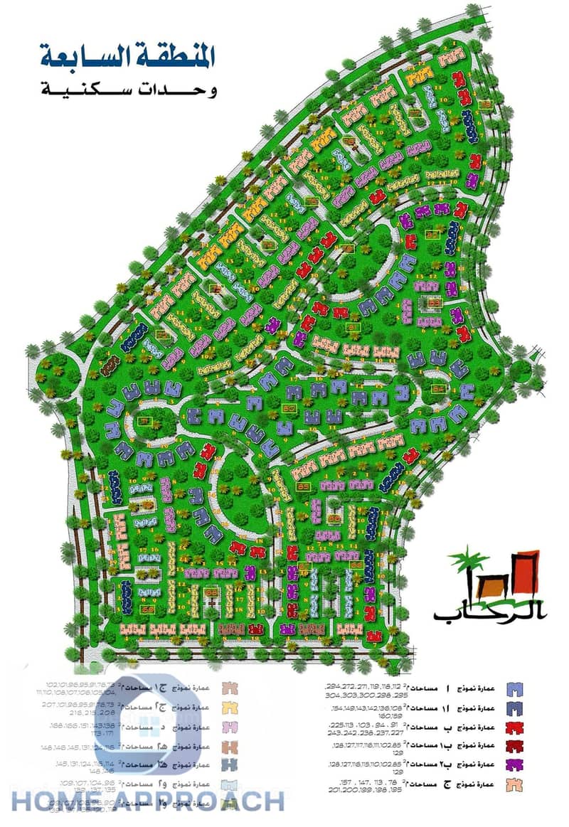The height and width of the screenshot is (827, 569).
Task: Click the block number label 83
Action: point(435,302)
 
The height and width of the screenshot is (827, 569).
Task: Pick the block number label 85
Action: point(304,486)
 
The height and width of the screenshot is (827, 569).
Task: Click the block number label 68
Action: point(148,609)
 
